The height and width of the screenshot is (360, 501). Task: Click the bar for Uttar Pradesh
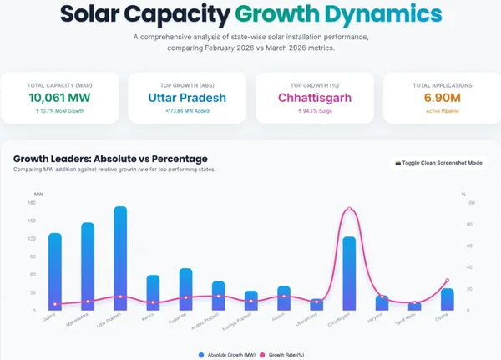[x=120, y=259]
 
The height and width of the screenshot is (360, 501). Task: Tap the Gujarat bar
[x=55, y=271]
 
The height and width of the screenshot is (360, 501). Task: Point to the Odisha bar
[x=448, y=299]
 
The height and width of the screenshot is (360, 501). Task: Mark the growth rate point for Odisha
[x=448, y=281]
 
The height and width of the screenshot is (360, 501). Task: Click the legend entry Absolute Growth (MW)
[x=228, y=355]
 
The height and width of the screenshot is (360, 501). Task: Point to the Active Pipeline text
[x=442, y=111]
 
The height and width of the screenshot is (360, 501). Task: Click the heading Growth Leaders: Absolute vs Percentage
[x=110, y=159]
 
